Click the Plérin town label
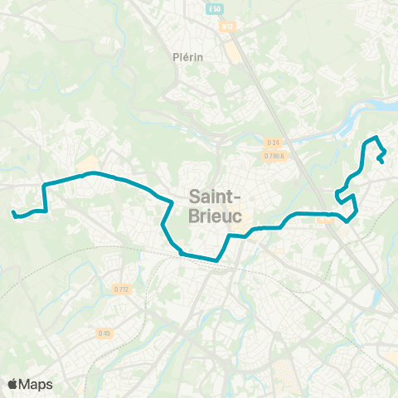(x=188, y=56)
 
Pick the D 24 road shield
(x=274, y=144)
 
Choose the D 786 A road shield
(x=274, y=156)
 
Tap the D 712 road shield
(x=121, y=289)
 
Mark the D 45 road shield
(x=104, y=333)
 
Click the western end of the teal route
(x=13, y=214)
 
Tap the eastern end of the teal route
(x=381, y=162)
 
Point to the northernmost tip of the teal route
(x=376, y=136)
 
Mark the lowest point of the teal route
(x=216, y=260)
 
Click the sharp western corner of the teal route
(x=44, y=183)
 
